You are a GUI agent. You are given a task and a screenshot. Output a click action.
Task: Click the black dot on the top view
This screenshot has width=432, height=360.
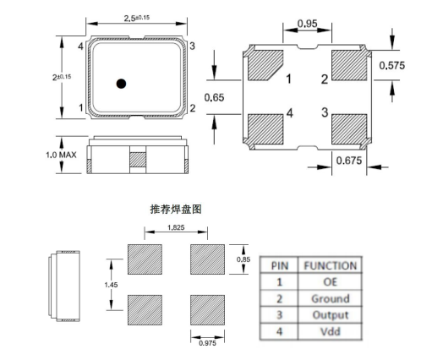(122, 83)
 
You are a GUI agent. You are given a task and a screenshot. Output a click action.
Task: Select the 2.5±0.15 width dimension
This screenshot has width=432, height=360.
(137, 18)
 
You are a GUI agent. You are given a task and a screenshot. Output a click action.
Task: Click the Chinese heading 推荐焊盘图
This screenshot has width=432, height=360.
(176, 207)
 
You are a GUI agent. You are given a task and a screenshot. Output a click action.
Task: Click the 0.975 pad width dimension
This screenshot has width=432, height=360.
(207, 342)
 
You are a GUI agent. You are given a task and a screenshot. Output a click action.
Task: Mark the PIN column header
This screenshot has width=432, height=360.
(280, 265)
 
